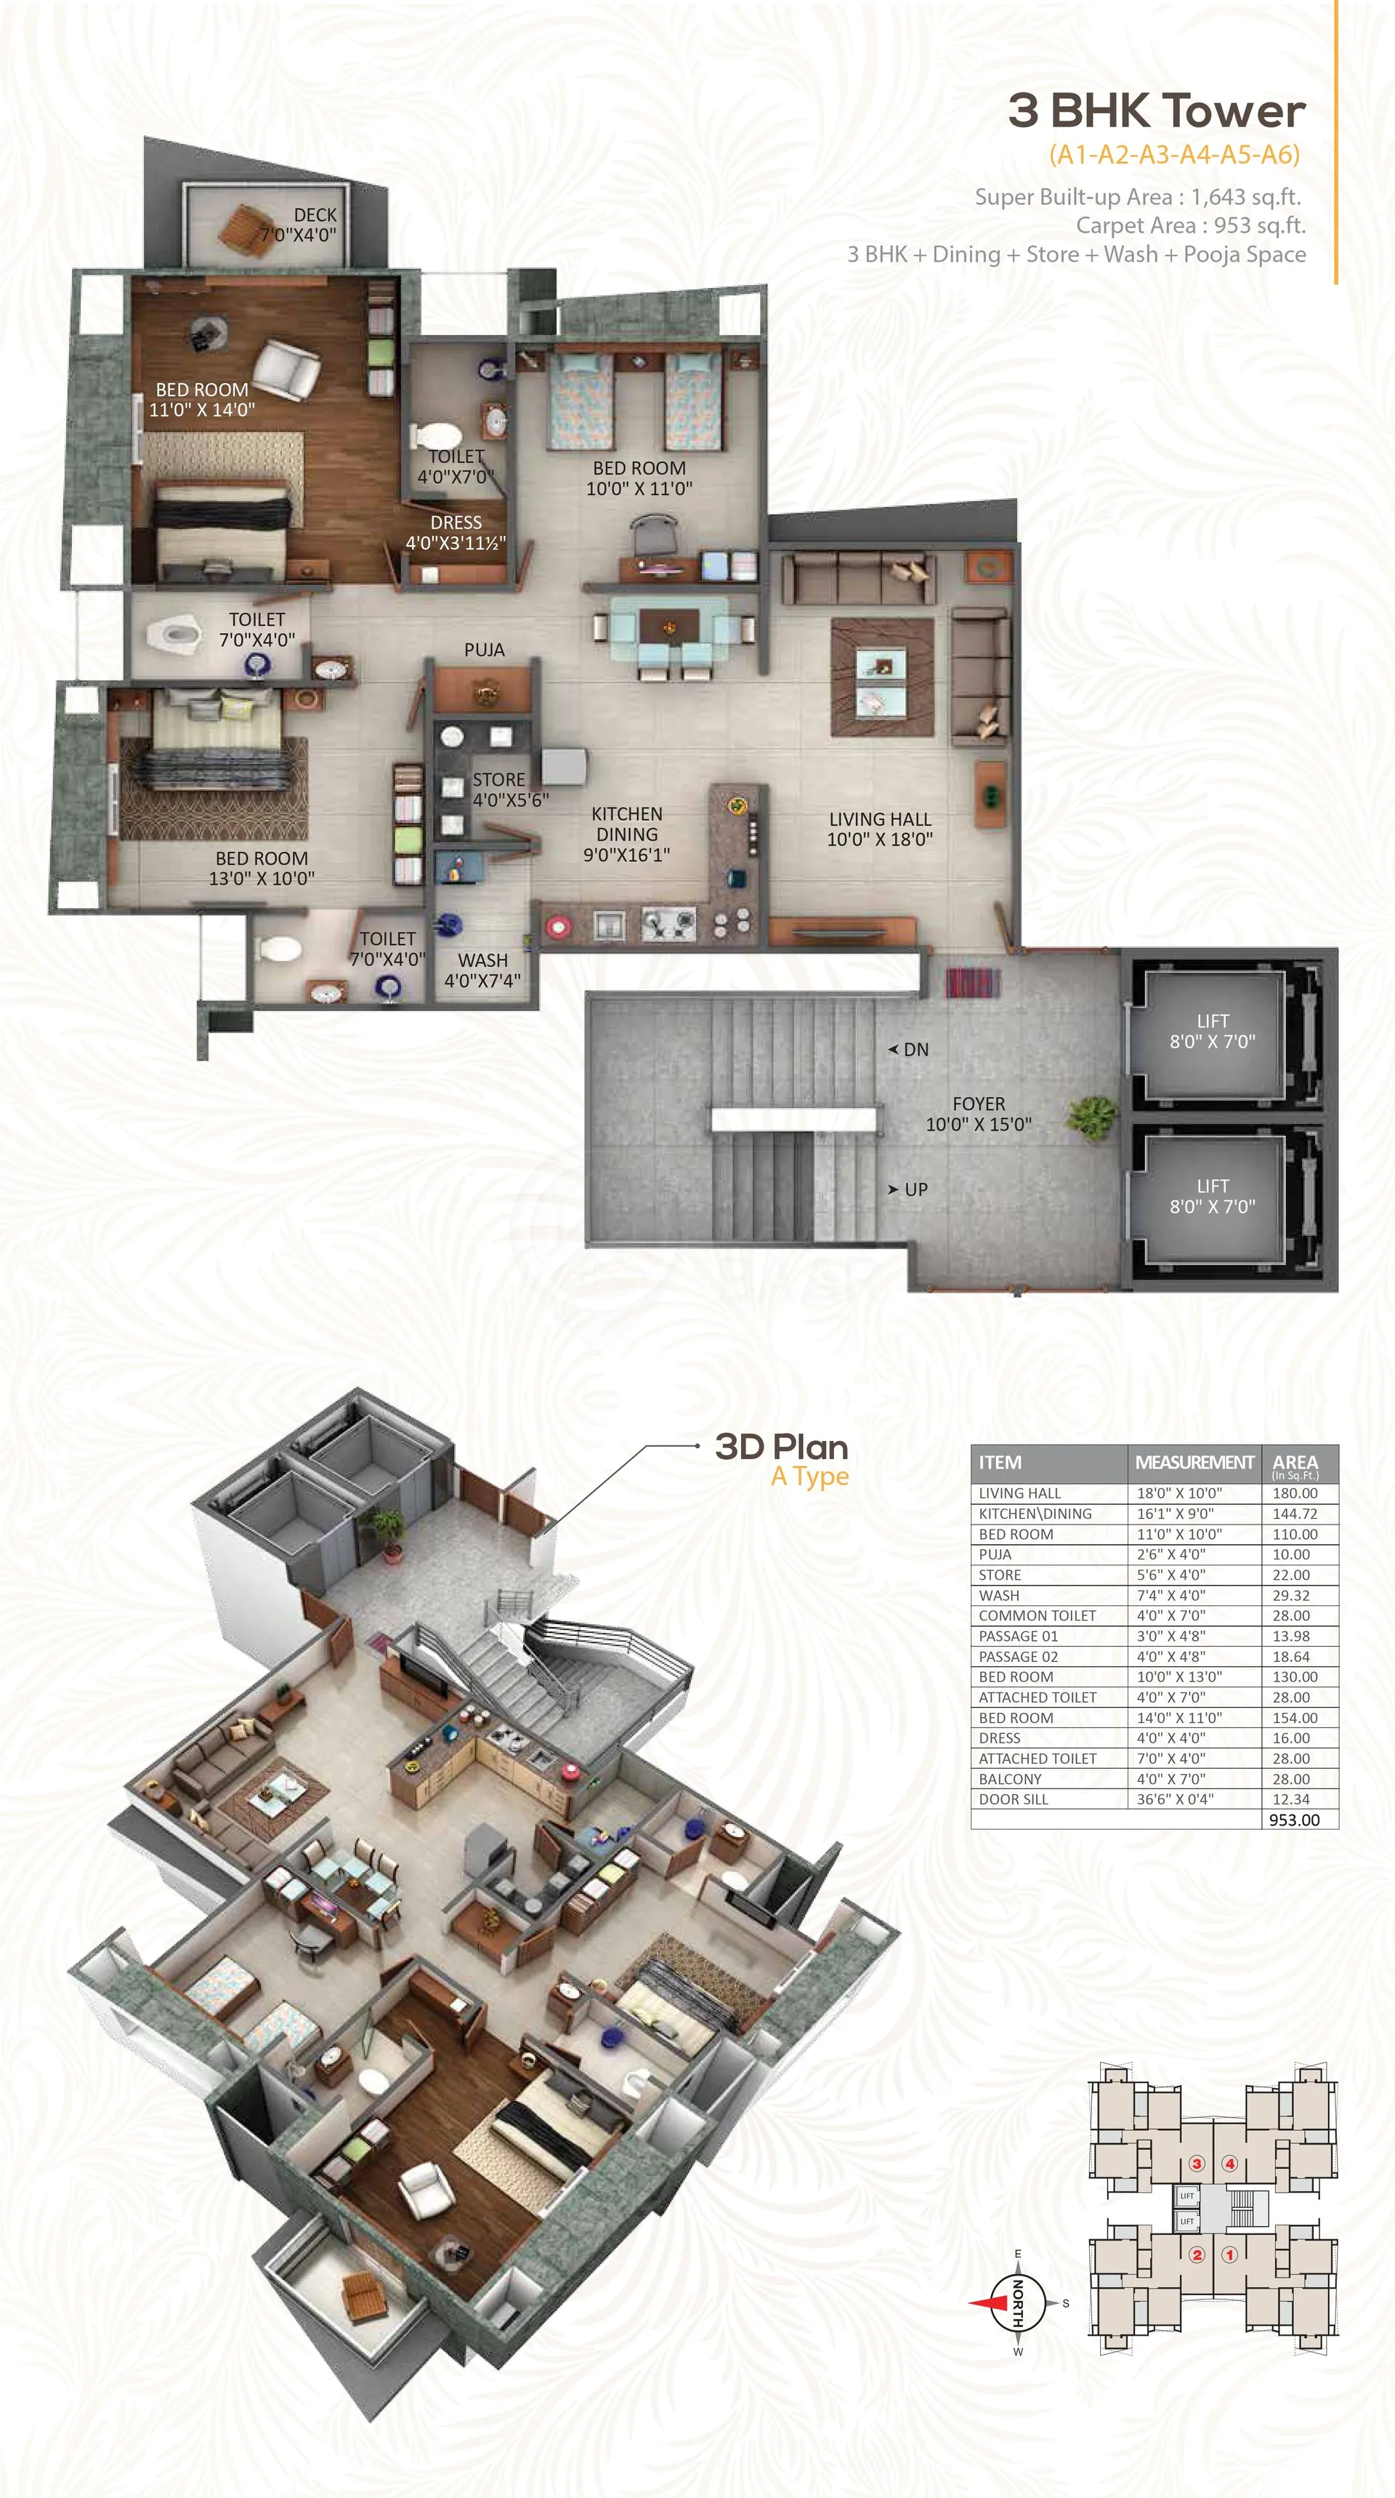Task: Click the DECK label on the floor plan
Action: pyautogui.click(x=315, y=214)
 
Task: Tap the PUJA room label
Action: pyautogui.click(x=484, y=650)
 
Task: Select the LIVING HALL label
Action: pyautogui.click(x=879, y=819)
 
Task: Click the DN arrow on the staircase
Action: pyautogui.click(x=893, y=1049)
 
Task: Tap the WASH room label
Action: pyautogui.click(x=482, y=960)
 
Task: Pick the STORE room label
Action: pyautogui.click(x=498, y=779)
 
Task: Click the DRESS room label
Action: pyautogui.click(x=456, y=523)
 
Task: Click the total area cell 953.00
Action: pyautogui.click(x=1294, y=1820)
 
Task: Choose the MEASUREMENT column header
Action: pyautogui.click(x=1194, y=1462)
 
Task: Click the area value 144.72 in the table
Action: pyautogui.click(x=1295, y=1514)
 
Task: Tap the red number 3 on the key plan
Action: pyautogui.click(x=1196, y=2164)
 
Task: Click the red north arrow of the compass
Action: pyautogui.click(x=990, y=2303)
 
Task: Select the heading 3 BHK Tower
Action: pyautogui.click(x=1157, y=111)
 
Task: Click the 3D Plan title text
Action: pyautogui.click(x=781, y=1447)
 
